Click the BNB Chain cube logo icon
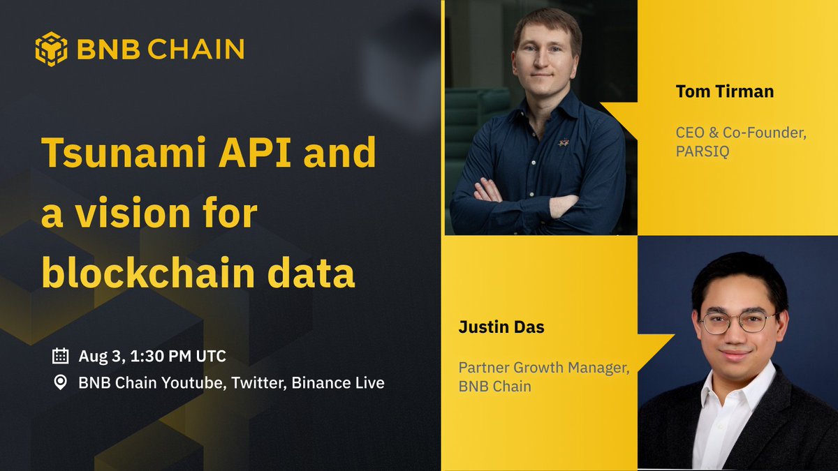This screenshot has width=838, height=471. [51, 49]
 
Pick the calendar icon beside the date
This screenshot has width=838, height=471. [61, 356]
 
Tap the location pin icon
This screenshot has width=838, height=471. [61, 382]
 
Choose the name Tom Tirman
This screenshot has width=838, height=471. [724, 91]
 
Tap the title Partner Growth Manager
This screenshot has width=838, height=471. [544, 367]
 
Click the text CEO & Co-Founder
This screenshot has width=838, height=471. [741, 133]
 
